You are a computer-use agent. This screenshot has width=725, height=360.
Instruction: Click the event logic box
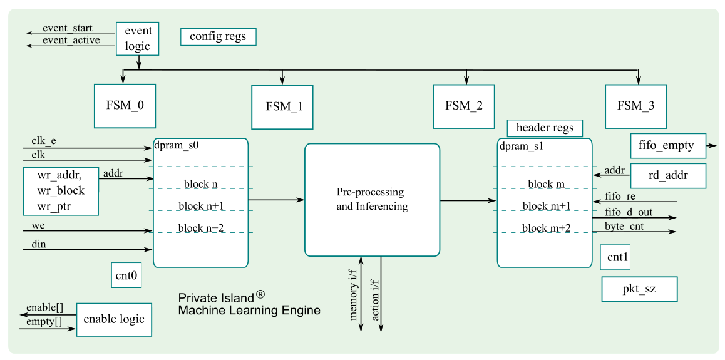click(x=138, y=39)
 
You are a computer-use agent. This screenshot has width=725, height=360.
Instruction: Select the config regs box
click(x=218, y=37)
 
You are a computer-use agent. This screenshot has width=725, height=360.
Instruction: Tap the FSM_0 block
click(x=124, y=105)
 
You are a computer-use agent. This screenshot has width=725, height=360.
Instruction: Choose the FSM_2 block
click(x=464, y=105)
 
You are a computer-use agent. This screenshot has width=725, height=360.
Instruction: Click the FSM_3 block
click(x=635, y=106)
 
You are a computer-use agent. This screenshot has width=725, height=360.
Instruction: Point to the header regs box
click(x=545, y=128)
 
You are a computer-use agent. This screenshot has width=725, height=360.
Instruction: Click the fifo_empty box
click(x=667, y=146)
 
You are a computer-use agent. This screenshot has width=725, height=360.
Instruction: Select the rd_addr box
click(x=667, y=175)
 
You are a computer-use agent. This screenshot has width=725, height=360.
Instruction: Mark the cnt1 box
click(x=618, y=257)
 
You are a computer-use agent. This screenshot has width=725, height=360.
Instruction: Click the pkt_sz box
click(x=639, y=289)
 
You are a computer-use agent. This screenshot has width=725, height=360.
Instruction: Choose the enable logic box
click(x=114, y=319)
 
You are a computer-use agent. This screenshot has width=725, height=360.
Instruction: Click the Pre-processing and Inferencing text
click(x=371, y=199)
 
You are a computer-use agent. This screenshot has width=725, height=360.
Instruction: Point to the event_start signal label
click(x=68, y=28)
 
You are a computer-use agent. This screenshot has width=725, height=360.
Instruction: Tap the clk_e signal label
click(x=44, y=141)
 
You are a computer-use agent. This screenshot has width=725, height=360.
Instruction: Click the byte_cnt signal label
click(x=624, y=225)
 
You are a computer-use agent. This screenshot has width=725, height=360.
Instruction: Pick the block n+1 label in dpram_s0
click(x=200, y=206)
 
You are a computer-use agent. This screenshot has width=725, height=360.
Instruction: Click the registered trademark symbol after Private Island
click(x=260, y=294)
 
